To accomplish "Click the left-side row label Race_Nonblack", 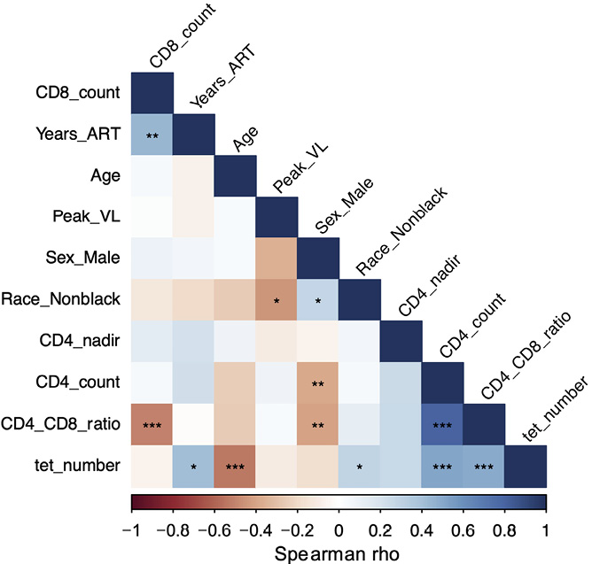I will click(x=74, y=300).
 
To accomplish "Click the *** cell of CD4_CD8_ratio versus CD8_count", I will click(x=152, y=425).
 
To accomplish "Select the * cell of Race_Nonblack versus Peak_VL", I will click(x=277, y=300).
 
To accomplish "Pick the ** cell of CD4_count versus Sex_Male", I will click(x=317, y=383).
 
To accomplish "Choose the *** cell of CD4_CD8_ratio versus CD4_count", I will click(x=441, y=425).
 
